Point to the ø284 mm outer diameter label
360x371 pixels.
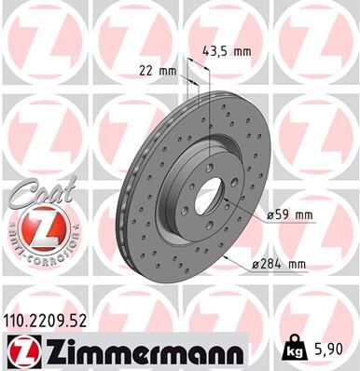coord(280,265)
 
